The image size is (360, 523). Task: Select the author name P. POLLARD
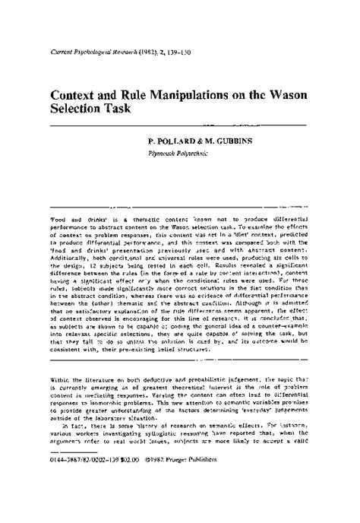click(172, 142)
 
